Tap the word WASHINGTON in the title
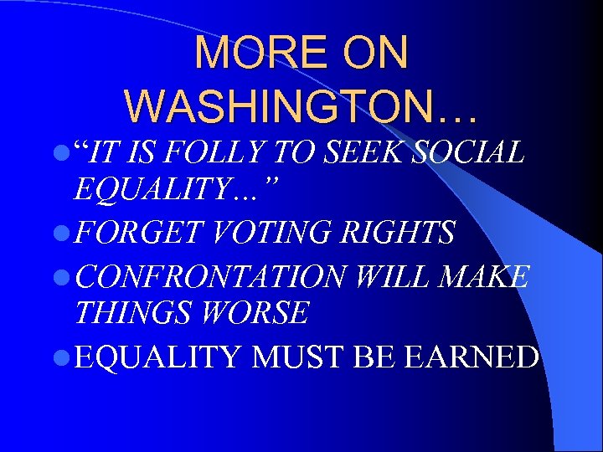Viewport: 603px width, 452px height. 290,106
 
